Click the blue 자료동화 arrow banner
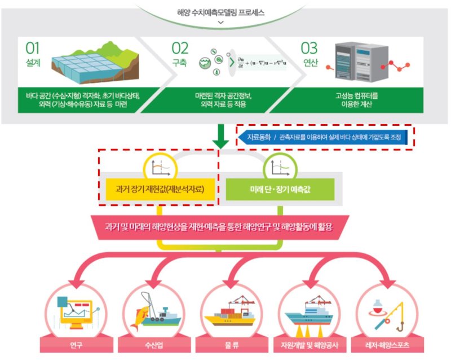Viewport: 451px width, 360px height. [324, 137]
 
